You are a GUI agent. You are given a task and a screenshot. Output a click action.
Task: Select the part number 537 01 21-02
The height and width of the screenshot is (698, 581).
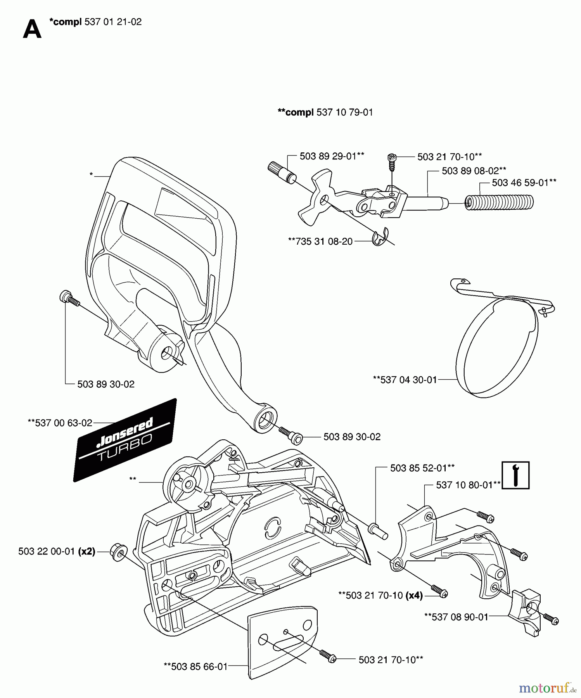tap(113, 22)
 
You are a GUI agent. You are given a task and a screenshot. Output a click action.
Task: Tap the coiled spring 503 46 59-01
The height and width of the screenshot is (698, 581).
tap(500, 203)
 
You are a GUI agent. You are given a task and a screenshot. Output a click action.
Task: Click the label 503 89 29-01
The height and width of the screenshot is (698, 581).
tap(332, 156)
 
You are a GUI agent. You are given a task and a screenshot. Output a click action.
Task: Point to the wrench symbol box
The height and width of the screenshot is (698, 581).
tap(515, 475)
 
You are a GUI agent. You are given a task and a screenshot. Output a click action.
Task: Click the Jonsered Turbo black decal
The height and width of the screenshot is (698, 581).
tap(125, 441)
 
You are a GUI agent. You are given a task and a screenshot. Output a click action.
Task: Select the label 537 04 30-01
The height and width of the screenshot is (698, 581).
tap(405, 380)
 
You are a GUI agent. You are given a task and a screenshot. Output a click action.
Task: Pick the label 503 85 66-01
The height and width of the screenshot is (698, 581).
tap(195, 666)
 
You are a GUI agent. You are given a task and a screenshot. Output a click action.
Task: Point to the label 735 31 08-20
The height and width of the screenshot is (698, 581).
tap(320, 241)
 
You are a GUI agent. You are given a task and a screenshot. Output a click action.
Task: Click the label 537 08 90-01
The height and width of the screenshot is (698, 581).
tap(456, 617)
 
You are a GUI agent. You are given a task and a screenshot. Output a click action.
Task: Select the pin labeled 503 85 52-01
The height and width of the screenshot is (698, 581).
tap(378, 530)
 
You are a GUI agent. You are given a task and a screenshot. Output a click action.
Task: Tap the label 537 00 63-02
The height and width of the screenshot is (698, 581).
tap(60, 423)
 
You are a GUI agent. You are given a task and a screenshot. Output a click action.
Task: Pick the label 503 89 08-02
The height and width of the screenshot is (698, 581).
tap(474, 171)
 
